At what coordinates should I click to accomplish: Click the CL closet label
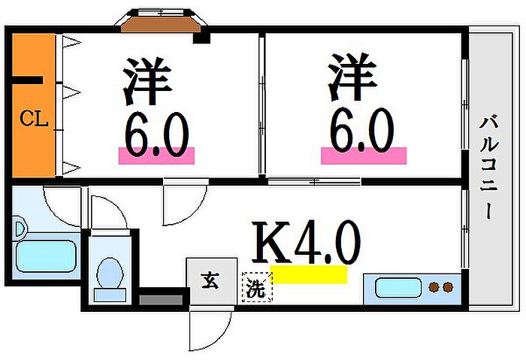(34, 119)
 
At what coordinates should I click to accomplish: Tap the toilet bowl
(110, 273)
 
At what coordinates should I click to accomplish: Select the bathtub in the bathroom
(46, 256)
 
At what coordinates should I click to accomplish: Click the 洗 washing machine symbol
(257, 286)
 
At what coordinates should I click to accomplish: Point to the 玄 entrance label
(210, 281)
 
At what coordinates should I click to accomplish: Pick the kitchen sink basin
(398, 288)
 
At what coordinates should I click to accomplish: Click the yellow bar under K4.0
(309, 274)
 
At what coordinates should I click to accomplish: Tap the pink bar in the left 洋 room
(156, 156)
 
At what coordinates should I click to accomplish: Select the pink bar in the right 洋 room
(364, 156)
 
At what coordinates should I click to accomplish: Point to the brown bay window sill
(161, 25)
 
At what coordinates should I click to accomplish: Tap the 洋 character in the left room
(147, 81)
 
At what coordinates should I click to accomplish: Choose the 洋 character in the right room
(352, 77)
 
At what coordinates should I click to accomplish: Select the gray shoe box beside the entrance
(161, 300)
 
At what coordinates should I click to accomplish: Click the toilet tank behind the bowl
(110, 295)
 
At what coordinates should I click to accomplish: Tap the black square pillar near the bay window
(201, 38)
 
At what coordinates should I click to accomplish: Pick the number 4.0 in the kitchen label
(328, 242)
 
